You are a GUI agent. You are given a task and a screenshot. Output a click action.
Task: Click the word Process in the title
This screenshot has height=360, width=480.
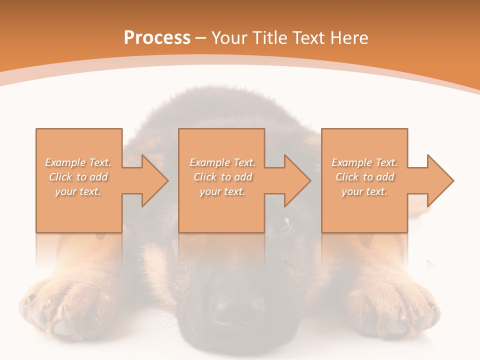point(157,38)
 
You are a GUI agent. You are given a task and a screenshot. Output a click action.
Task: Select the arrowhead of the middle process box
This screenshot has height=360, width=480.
point(297,180)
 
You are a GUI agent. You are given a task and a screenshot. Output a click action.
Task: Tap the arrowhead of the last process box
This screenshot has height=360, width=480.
point(440,180)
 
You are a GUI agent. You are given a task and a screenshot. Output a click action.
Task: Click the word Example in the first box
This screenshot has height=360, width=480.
point(65,162)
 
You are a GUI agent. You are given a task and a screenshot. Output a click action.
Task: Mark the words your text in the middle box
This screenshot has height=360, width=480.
point(222,191)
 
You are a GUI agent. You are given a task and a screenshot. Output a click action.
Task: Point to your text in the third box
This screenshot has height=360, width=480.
point(364,191)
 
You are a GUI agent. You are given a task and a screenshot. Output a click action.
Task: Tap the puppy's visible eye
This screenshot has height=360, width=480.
point(282,222)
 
